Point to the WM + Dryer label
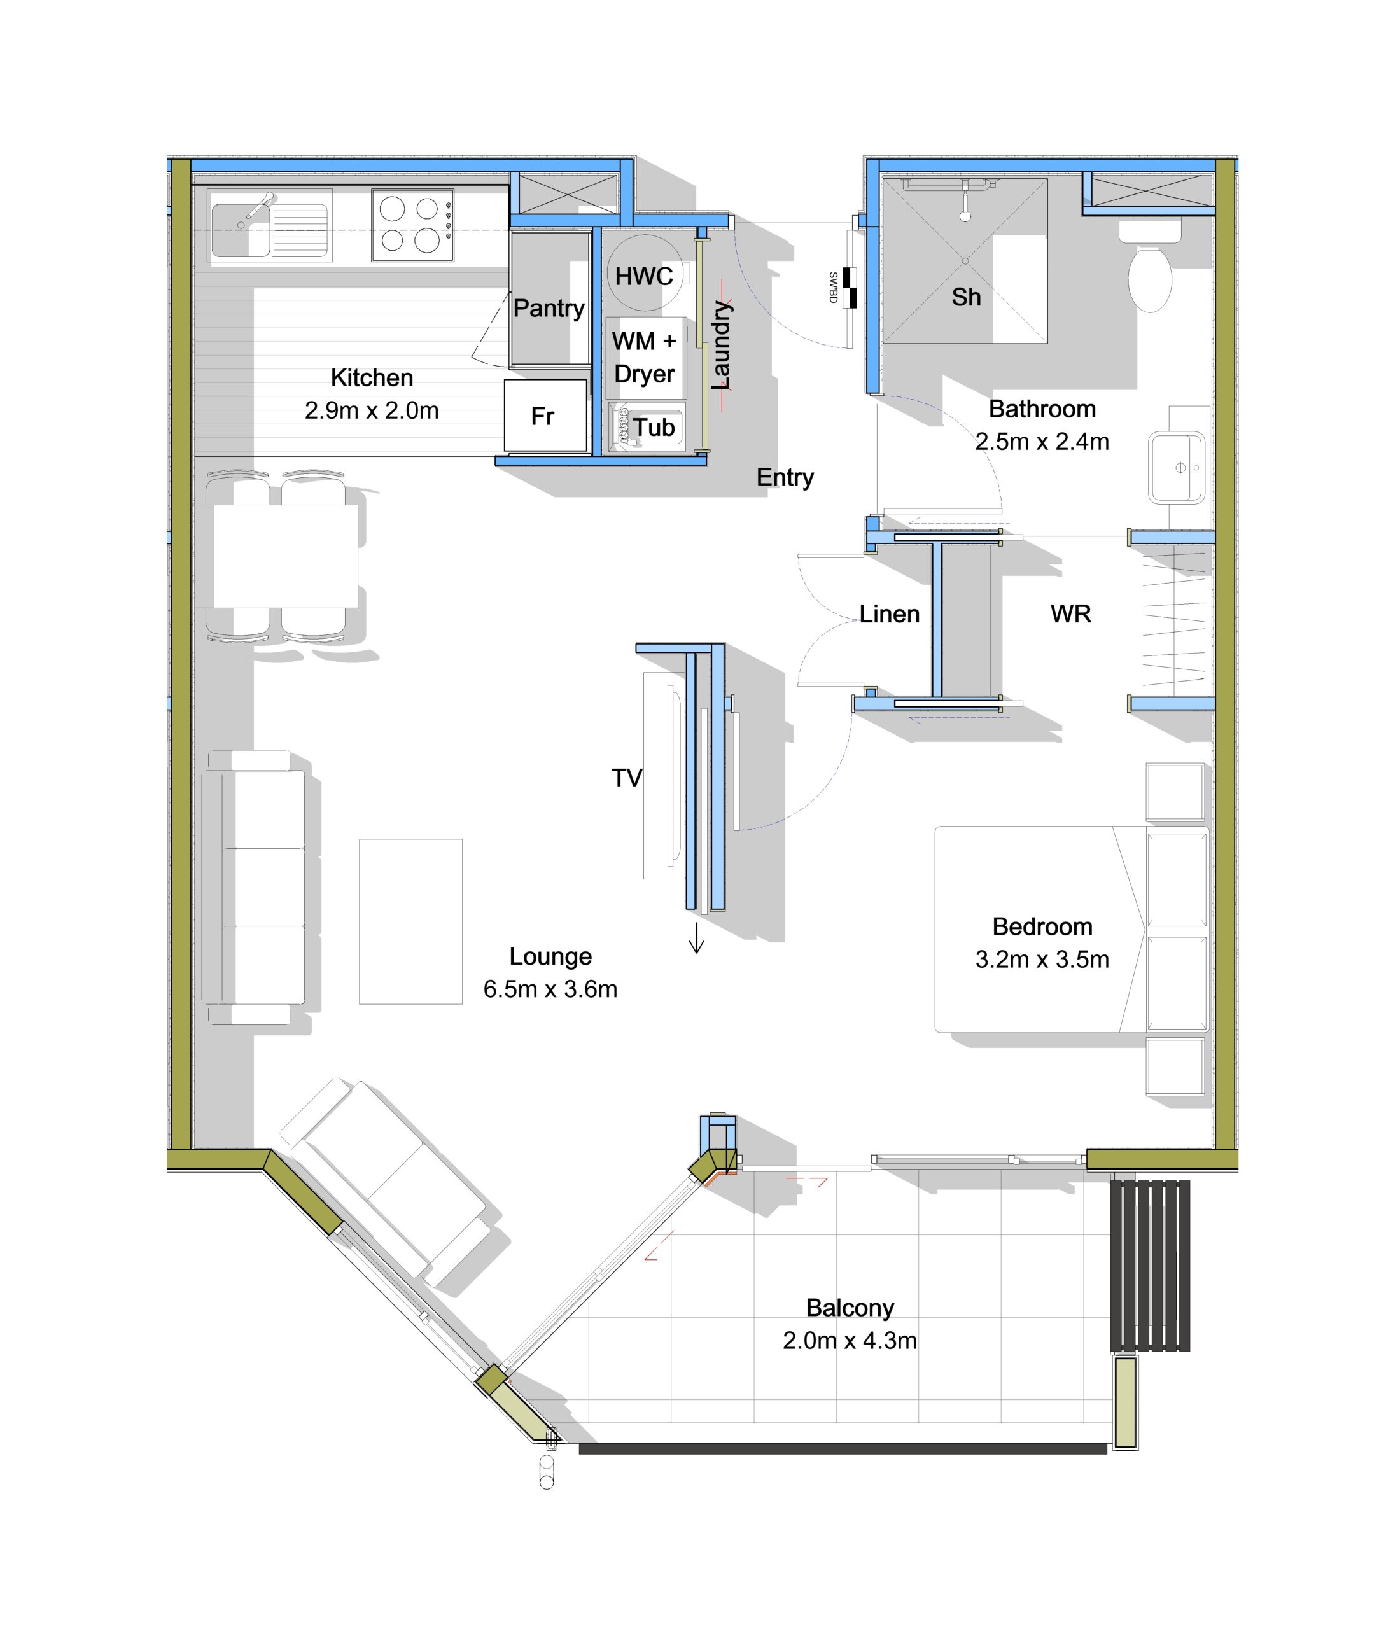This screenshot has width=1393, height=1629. tap(644, 357)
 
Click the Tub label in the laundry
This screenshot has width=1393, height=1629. tap(654, 427)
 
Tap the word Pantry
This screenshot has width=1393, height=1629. tap(549, 308)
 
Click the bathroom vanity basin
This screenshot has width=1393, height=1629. tap(1176, 467)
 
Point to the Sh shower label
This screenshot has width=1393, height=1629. tap(966, 297)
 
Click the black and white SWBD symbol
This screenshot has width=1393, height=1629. tap(849, 287)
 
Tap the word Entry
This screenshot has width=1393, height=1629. tap(785, 477)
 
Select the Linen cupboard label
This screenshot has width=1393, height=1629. tap(889, 614)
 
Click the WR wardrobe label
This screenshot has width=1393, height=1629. tap(1071, 614)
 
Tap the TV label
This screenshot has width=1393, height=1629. tap(627, 778)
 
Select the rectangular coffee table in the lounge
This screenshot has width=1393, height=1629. tap(410, 921)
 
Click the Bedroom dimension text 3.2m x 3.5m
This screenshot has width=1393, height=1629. tap(1042, 959)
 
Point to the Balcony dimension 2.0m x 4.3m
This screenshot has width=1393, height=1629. tap(850, 1341)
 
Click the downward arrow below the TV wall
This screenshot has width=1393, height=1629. tap(696, 937)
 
